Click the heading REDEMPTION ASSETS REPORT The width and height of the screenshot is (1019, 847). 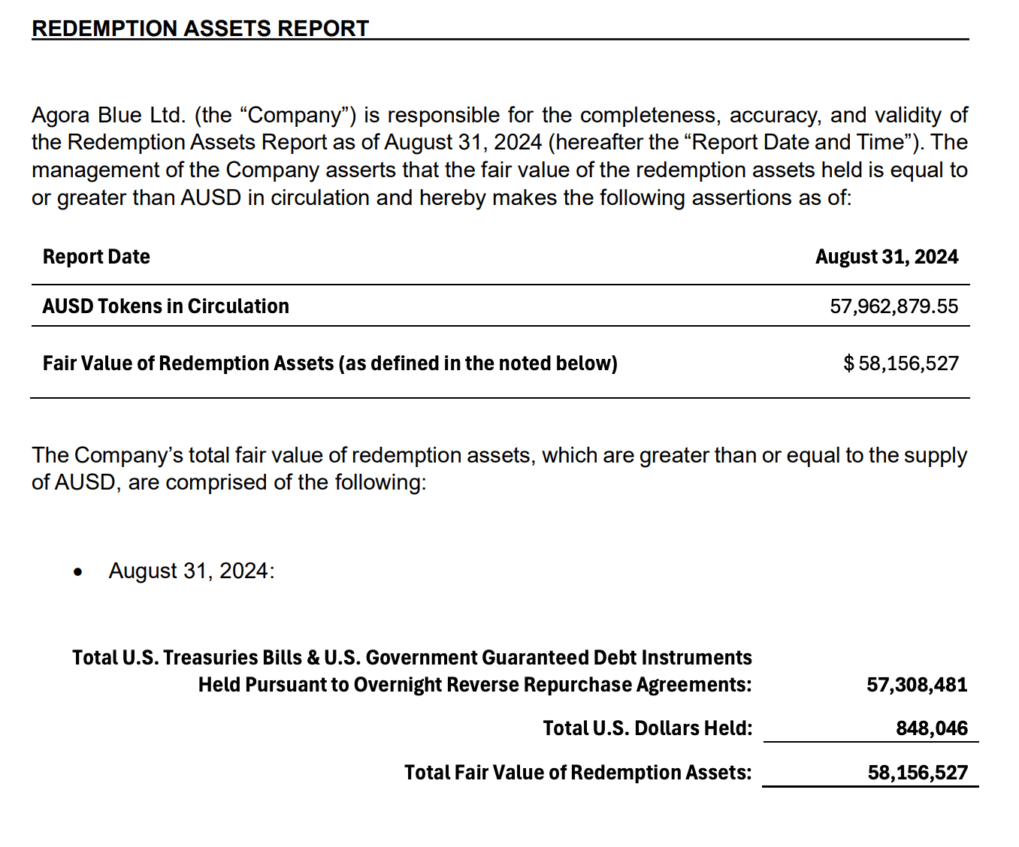point(200,29)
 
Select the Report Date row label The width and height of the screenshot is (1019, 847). point(96,257)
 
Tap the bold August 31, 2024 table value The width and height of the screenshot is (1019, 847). point(887,257)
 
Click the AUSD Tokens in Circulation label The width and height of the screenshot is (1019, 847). point(165,306)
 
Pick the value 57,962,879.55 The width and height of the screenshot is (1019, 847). point(894,306)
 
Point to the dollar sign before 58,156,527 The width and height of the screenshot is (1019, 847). point(848,363)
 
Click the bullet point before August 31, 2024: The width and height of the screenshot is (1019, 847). point(78,572)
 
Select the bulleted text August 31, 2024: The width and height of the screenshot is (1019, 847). point(192,571)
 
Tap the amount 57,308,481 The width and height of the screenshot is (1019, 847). point(917,685)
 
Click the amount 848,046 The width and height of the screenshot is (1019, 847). point(932,728)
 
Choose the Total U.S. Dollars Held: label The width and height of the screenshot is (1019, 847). point(647,728)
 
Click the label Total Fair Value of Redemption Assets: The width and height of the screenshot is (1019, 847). point(577,773)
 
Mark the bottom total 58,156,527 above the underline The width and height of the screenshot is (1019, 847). point(918,773)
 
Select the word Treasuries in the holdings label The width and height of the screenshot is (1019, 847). point(210,658)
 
